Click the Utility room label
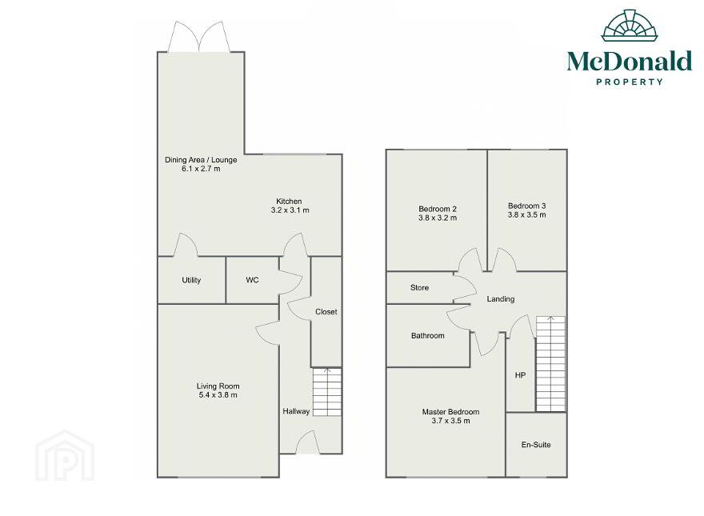191,280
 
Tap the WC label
252,280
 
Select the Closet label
326,312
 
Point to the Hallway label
296,411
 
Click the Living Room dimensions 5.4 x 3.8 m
218,395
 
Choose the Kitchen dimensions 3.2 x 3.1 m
290,210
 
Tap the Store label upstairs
419,288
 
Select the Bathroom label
428,336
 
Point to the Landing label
501,299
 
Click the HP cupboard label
520,375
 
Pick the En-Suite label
536,445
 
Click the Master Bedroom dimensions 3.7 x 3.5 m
450,421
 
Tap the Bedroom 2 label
438,209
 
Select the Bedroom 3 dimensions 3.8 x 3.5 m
527,214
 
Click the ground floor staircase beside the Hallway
327,392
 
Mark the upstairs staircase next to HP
550,364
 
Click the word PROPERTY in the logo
630,82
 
